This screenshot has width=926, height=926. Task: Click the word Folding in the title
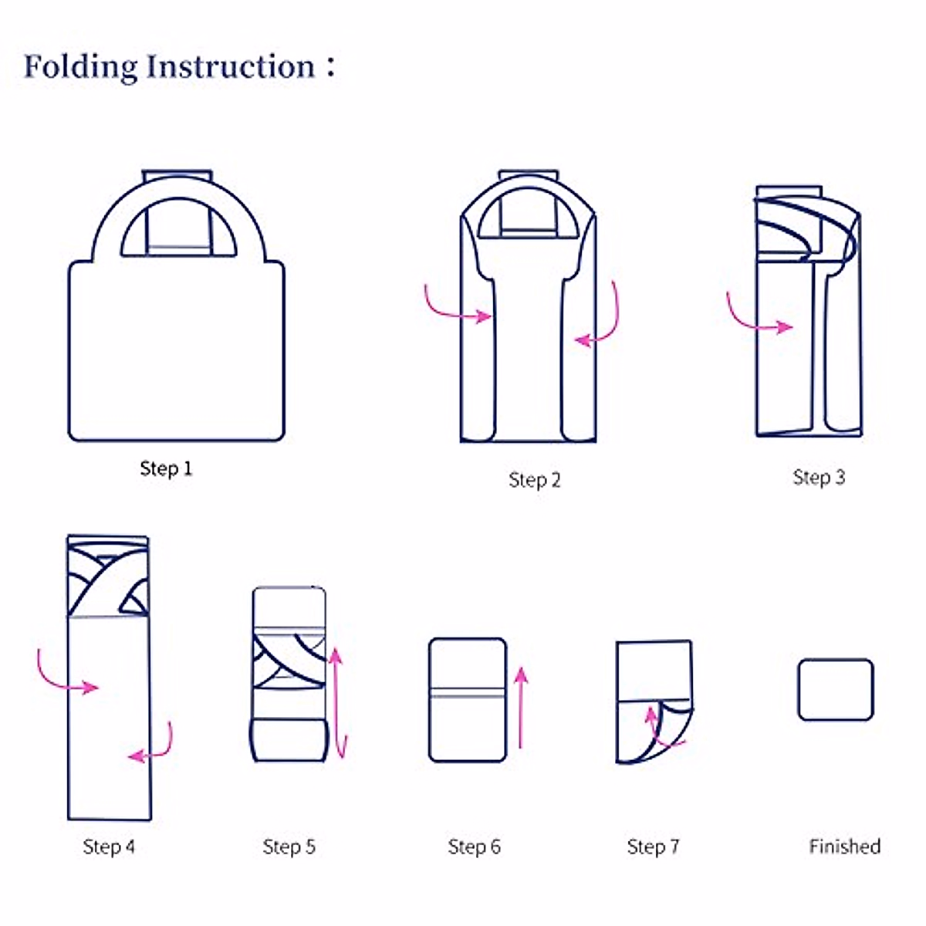pos(80,67)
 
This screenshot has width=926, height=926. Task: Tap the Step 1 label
pos(166,468)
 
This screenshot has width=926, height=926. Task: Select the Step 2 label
pos(535,480)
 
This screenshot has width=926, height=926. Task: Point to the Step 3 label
pos(819,478)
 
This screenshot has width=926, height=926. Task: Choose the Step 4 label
pos(109,847)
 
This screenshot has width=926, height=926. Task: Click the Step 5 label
pos(289,847)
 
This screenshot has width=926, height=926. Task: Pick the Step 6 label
pos(474,847)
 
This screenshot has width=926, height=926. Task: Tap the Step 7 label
pos(653,847)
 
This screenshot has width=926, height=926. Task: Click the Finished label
pos(845,847)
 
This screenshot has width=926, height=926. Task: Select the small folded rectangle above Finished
pos(836,689)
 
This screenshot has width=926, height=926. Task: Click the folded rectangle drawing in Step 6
pos(468,699)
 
